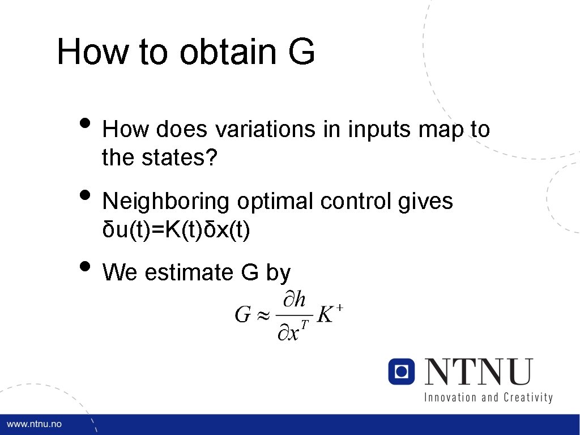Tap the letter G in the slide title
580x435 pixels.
[x=301, y=52]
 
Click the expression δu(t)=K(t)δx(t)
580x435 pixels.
[x=176, y=231]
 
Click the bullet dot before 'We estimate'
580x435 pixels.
[x=85, y=266]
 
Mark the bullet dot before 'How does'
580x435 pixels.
[x=85, y=123]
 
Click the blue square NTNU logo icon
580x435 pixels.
[x=402, y=372]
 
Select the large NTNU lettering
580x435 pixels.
[x=479, y=372]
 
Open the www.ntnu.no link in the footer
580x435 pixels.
[x=34, y=424]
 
